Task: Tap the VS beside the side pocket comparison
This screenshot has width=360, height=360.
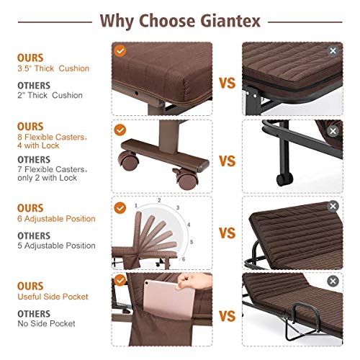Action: pos(228,316)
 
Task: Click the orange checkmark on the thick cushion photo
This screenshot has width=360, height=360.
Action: pos(120,50)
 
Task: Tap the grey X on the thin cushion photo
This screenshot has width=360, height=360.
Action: pos(332,51)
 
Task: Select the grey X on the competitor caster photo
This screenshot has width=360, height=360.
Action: pos(332,131)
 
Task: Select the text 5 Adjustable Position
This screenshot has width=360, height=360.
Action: pos(56,246)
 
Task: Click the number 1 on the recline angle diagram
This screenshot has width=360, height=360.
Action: pos(135,205)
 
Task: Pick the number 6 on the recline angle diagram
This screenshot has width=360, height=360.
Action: pos(183,258)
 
